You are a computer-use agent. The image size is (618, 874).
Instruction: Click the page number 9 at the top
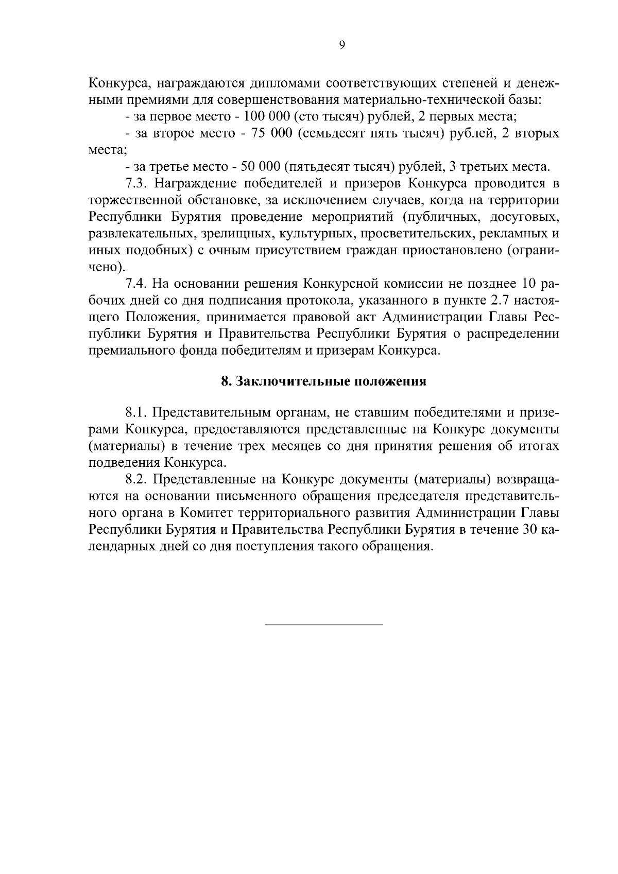342,46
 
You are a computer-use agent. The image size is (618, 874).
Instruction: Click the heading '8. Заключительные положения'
323,381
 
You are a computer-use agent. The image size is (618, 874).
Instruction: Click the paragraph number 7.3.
138,184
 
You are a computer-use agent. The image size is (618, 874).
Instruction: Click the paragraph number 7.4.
138,284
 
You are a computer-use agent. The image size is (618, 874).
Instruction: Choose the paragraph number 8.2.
138,480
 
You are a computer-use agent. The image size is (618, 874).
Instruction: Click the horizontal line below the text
323,625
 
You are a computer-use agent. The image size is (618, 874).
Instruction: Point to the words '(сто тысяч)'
331,116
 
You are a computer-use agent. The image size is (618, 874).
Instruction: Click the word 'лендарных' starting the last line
121,547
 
